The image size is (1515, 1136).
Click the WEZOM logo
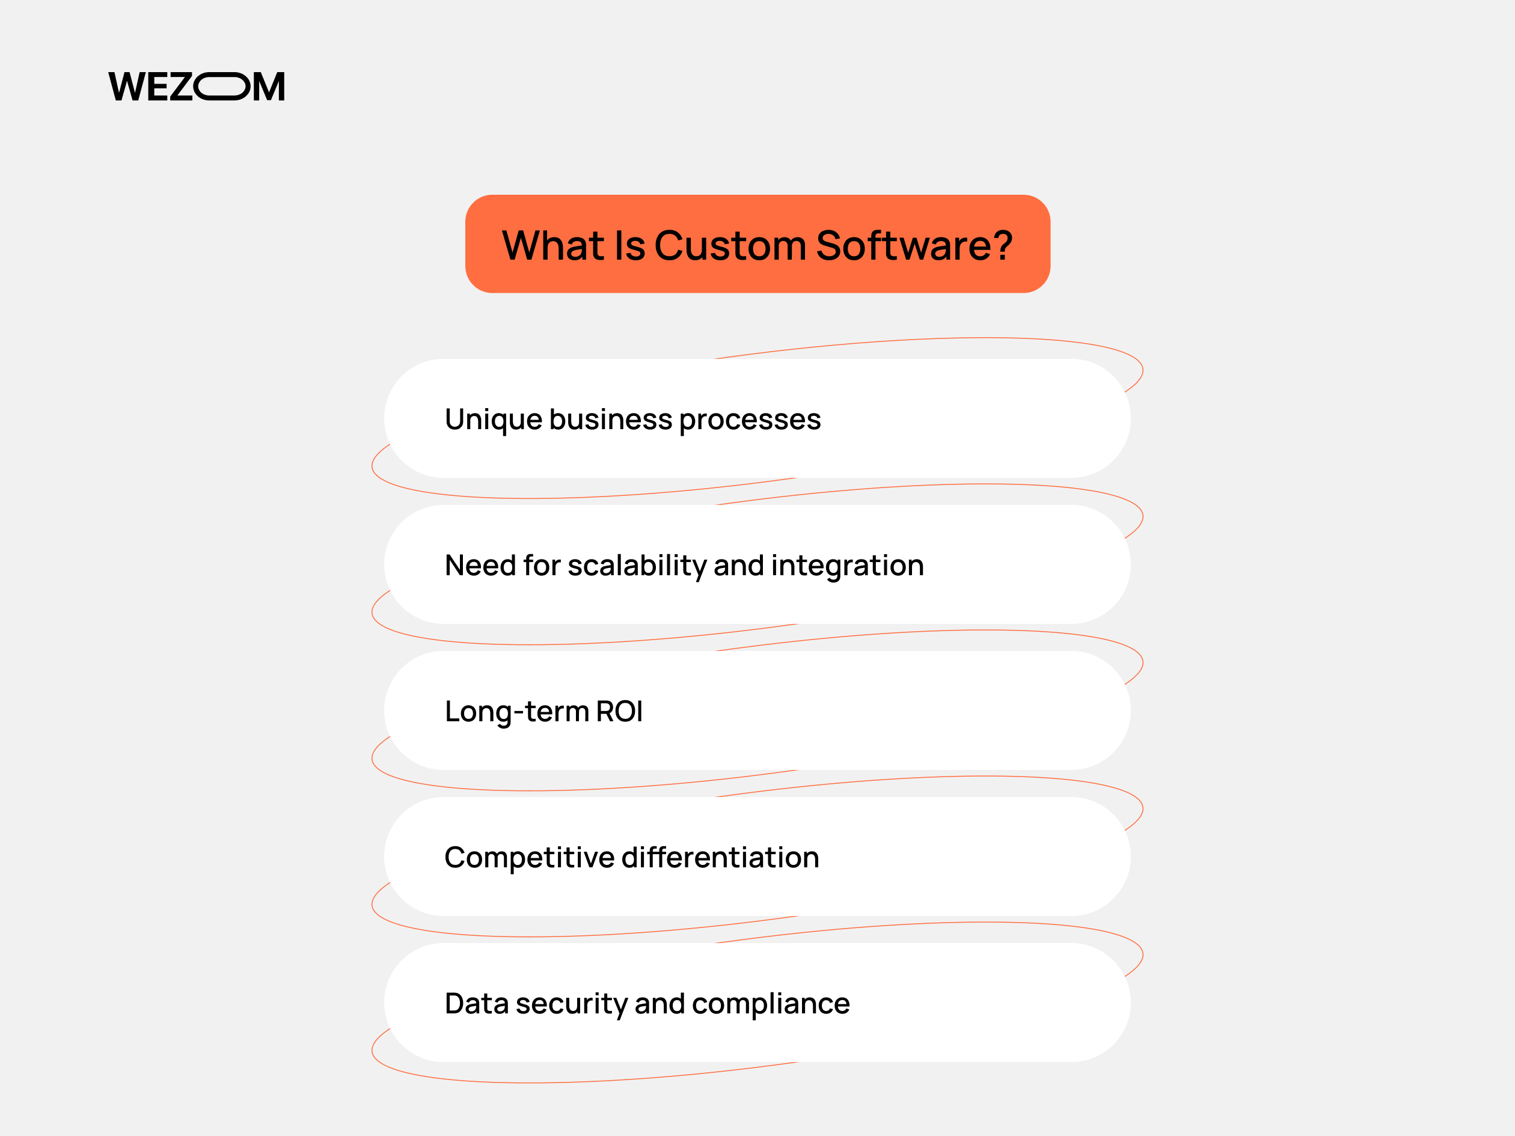[197, 87]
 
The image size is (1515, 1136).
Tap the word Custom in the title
[730, 245]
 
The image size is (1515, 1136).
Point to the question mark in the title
[1002, 245]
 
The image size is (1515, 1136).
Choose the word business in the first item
[611, 419]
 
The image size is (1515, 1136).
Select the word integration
[848, 566]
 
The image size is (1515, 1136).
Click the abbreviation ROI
[620, 712]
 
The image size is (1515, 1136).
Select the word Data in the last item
[477, 1004]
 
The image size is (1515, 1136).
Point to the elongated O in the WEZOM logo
[222, 87]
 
